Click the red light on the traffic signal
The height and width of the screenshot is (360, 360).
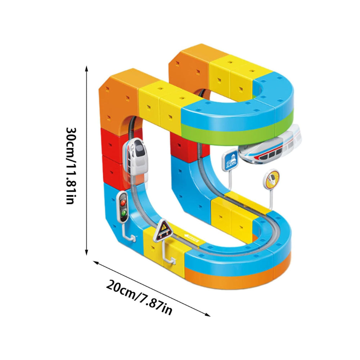pos(123,202)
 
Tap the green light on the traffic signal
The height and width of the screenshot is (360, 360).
pos(124,213)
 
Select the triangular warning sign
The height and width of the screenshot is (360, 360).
pos(163,230)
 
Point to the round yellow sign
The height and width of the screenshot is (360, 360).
pos(271,179)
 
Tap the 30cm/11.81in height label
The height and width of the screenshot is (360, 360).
pos(71,166)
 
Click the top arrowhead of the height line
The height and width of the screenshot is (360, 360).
pos(86,68)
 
